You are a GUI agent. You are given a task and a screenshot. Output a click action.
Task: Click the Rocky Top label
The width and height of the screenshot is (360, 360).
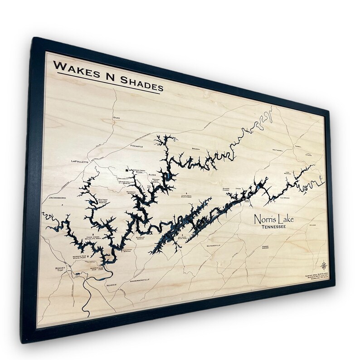tap(61, 270)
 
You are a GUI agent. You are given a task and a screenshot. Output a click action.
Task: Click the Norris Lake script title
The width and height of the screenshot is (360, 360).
tap(274, 219)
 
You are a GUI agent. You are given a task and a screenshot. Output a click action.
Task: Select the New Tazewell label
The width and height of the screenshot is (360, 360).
tap(280, 149)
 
